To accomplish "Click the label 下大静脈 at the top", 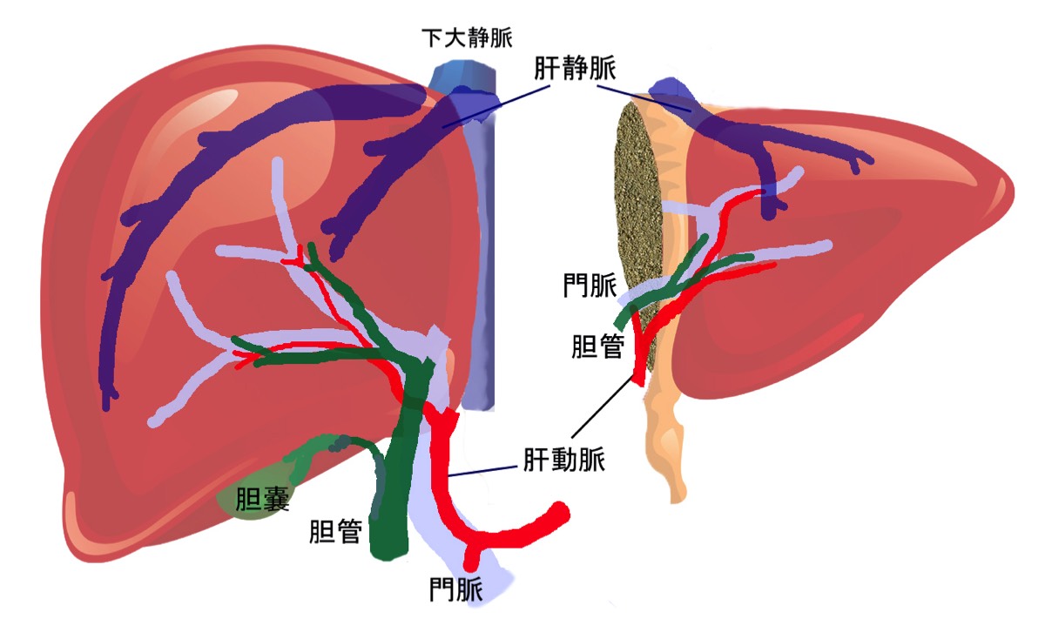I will pos(467,38).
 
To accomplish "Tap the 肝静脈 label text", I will pos(576,71).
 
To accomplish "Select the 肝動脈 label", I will pos(563,458).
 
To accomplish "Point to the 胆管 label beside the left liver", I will pos(335,531).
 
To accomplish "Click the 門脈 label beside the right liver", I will pos(590,285).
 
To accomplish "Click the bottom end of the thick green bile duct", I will pos(388,548).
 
